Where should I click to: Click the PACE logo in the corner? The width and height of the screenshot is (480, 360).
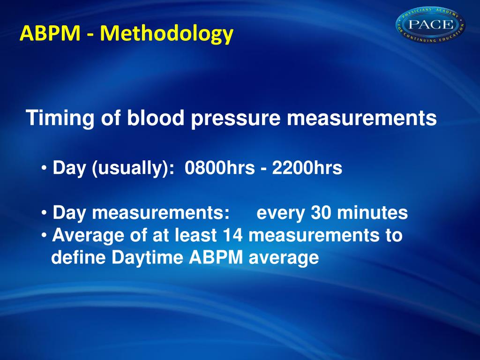tap(430, 24)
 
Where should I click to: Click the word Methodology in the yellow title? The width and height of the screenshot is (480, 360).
tap(166, 34)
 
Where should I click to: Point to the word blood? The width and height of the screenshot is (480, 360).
tap(155, 119)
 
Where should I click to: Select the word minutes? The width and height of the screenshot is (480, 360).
tap(372, 213)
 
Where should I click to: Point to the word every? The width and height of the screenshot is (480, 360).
tap(281, 213)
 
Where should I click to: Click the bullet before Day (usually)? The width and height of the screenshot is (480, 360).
tap(44, 168)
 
